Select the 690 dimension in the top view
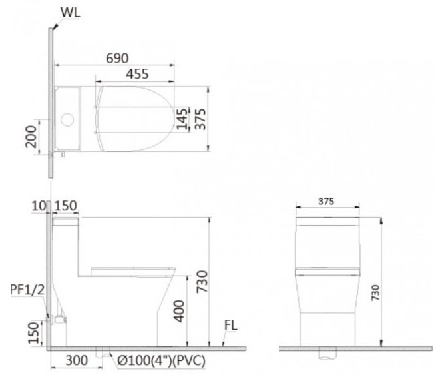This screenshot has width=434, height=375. tap(116, 59)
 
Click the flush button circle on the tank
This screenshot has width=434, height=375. tap(67, 121)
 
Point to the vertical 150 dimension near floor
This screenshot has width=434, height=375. tap(35, 330)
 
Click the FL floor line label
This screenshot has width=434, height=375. tap(231, 326)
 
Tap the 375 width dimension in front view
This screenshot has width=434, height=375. tap(326, 201)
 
